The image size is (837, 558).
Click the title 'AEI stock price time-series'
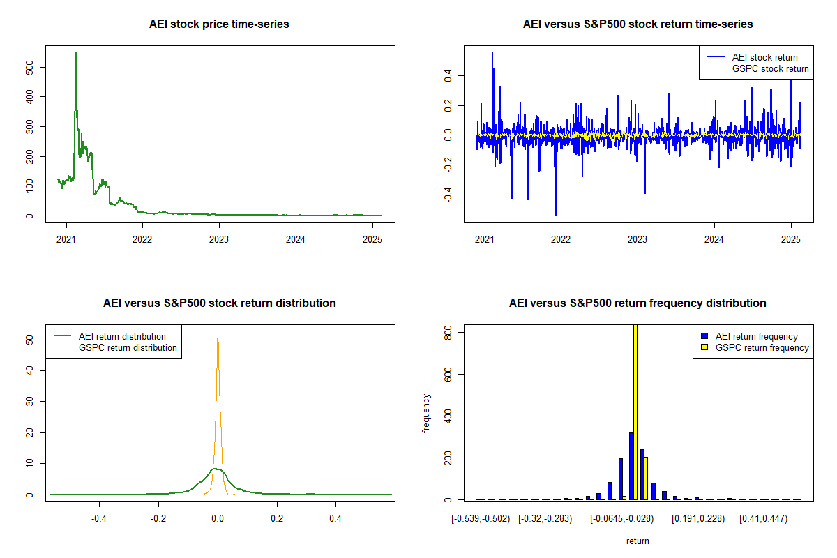pos(219,24)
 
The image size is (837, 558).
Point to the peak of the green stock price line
pos(75,52)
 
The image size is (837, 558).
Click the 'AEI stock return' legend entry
pos(764,57)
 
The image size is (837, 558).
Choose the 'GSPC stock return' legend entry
pos(770,68)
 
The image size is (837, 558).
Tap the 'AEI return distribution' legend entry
pos(122,336)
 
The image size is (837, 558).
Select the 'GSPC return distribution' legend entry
pos(128,347)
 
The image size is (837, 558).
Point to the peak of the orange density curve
pos(218,335)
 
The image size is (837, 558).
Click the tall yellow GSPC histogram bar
pos(635,412)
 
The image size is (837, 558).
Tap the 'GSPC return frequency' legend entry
pos(762,347)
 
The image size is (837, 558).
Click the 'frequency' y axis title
pos(426,413)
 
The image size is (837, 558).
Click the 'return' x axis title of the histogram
pos(638,541)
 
